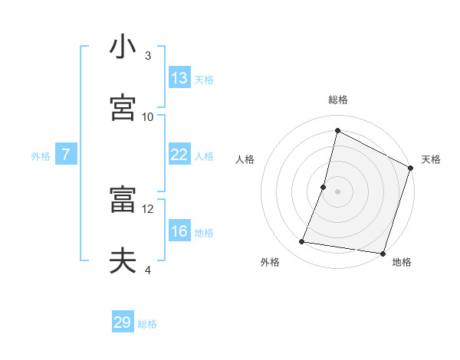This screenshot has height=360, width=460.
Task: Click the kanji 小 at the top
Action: [123, 47]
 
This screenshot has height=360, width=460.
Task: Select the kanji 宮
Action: [123, 107]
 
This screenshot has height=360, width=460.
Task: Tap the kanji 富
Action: [123, 200]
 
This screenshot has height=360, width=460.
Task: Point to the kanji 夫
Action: [123, 261]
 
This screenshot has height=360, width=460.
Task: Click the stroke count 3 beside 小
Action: [148, 56]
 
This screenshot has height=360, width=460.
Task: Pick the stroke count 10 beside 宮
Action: [148, 116]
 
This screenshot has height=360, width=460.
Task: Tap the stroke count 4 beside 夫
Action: [148, 270]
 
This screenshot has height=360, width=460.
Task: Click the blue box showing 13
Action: [179, 78]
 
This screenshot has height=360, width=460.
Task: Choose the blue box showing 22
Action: [179, 155]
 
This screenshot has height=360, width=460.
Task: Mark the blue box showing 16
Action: [179, 231]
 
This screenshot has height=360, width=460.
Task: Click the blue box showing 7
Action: [66, 155]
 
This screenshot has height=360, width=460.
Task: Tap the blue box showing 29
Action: [123, 322]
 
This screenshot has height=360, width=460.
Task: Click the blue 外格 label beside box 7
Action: [41, 155]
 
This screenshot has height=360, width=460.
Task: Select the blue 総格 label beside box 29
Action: [147, 324]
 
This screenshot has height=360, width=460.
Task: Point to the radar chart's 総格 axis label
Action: [337, 100]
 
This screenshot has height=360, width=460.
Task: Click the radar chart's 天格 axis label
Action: [431, 159]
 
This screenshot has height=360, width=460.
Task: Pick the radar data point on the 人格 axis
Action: [324, 187]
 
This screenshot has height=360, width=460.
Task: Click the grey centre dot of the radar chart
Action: [337, 191]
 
